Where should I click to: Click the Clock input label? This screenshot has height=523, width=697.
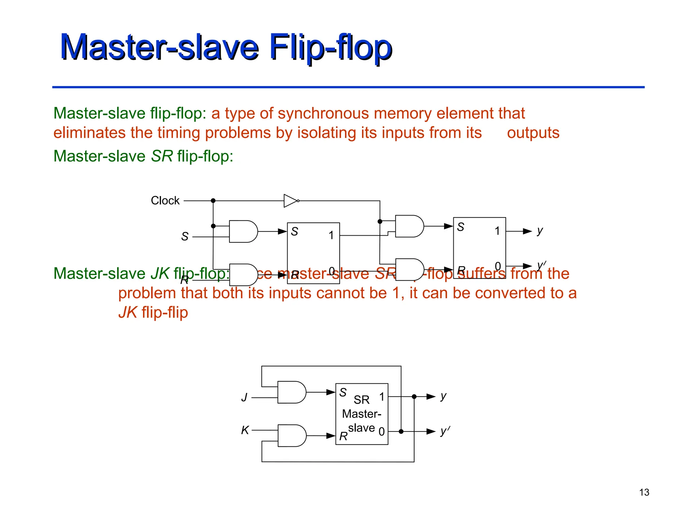[165, 201]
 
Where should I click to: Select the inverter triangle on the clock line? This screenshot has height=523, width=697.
[290, 201]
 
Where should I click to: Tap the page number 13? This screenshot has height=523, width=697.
[644, 492]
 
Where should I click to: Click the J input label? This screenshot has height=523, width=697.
[244, 397]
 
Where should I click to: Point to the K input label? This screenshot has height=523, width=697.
[245, 430]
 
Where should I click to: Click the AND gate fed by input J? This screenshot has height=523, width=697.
[291, 392]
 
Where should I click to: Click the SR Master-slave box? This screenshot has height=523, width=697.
[362, 414]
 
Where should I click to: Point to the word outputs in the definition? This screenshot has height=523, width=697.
[533, 133]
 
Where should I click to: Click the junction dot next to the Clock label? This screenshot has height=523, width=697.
[213, 201]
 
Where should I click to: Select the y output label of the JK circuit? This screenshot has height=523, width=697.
[443, 396]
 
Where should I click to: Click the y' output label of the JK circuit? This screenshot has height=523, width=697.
[444, 431]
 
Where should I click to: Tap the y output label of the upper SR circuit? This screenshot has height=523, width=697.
[540, 231]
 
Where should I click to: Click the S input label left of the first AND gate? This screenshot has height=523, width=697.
[185, 236]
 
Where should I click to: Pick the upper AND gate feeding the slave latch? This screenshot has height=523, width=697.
[409, 226]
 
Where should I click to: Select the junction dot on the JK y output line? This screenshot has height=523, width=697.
[414, 397]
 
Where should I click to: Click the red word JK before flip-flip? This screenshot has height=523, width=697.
[128, 313]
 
